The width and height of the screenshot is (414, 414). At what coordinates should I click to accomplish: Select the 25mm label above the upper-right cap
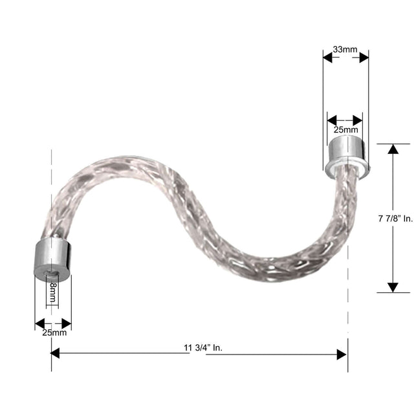pos(345,130)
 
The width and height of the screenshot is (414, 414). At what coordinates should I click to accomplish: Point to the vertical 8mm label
pos(52,294)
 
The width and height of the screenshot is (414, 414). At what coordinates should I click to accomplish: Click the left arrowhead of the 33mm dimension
pos(328,58)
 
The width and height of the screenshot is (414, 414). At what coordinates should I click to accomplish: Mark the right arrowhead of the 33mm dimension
pos(364,58)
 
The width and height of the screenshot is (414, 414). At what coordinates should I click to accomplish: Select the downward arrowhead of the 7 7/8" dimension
pos(393,287)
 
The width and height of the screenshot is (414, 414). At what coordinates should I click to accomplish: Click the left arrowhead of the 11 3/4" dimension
pos(56,353)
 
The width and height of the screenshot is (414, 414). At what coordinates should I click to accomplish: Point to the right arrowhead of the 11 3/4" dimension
pos(342,353)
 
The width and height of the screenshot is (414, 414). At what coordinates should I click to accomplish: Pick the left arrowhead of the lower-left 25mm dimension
pos(39,323)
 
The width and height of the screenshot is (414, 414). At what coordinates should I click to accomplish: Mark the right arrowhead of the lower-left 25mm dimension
pos(66,323)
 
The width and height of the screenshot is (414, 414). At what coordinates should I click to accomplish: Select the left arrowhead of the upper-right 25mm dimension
pos(332,120)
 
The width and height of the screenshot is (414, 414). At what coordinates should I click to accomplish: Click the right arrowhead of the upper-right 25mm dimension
pos(358,120)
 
